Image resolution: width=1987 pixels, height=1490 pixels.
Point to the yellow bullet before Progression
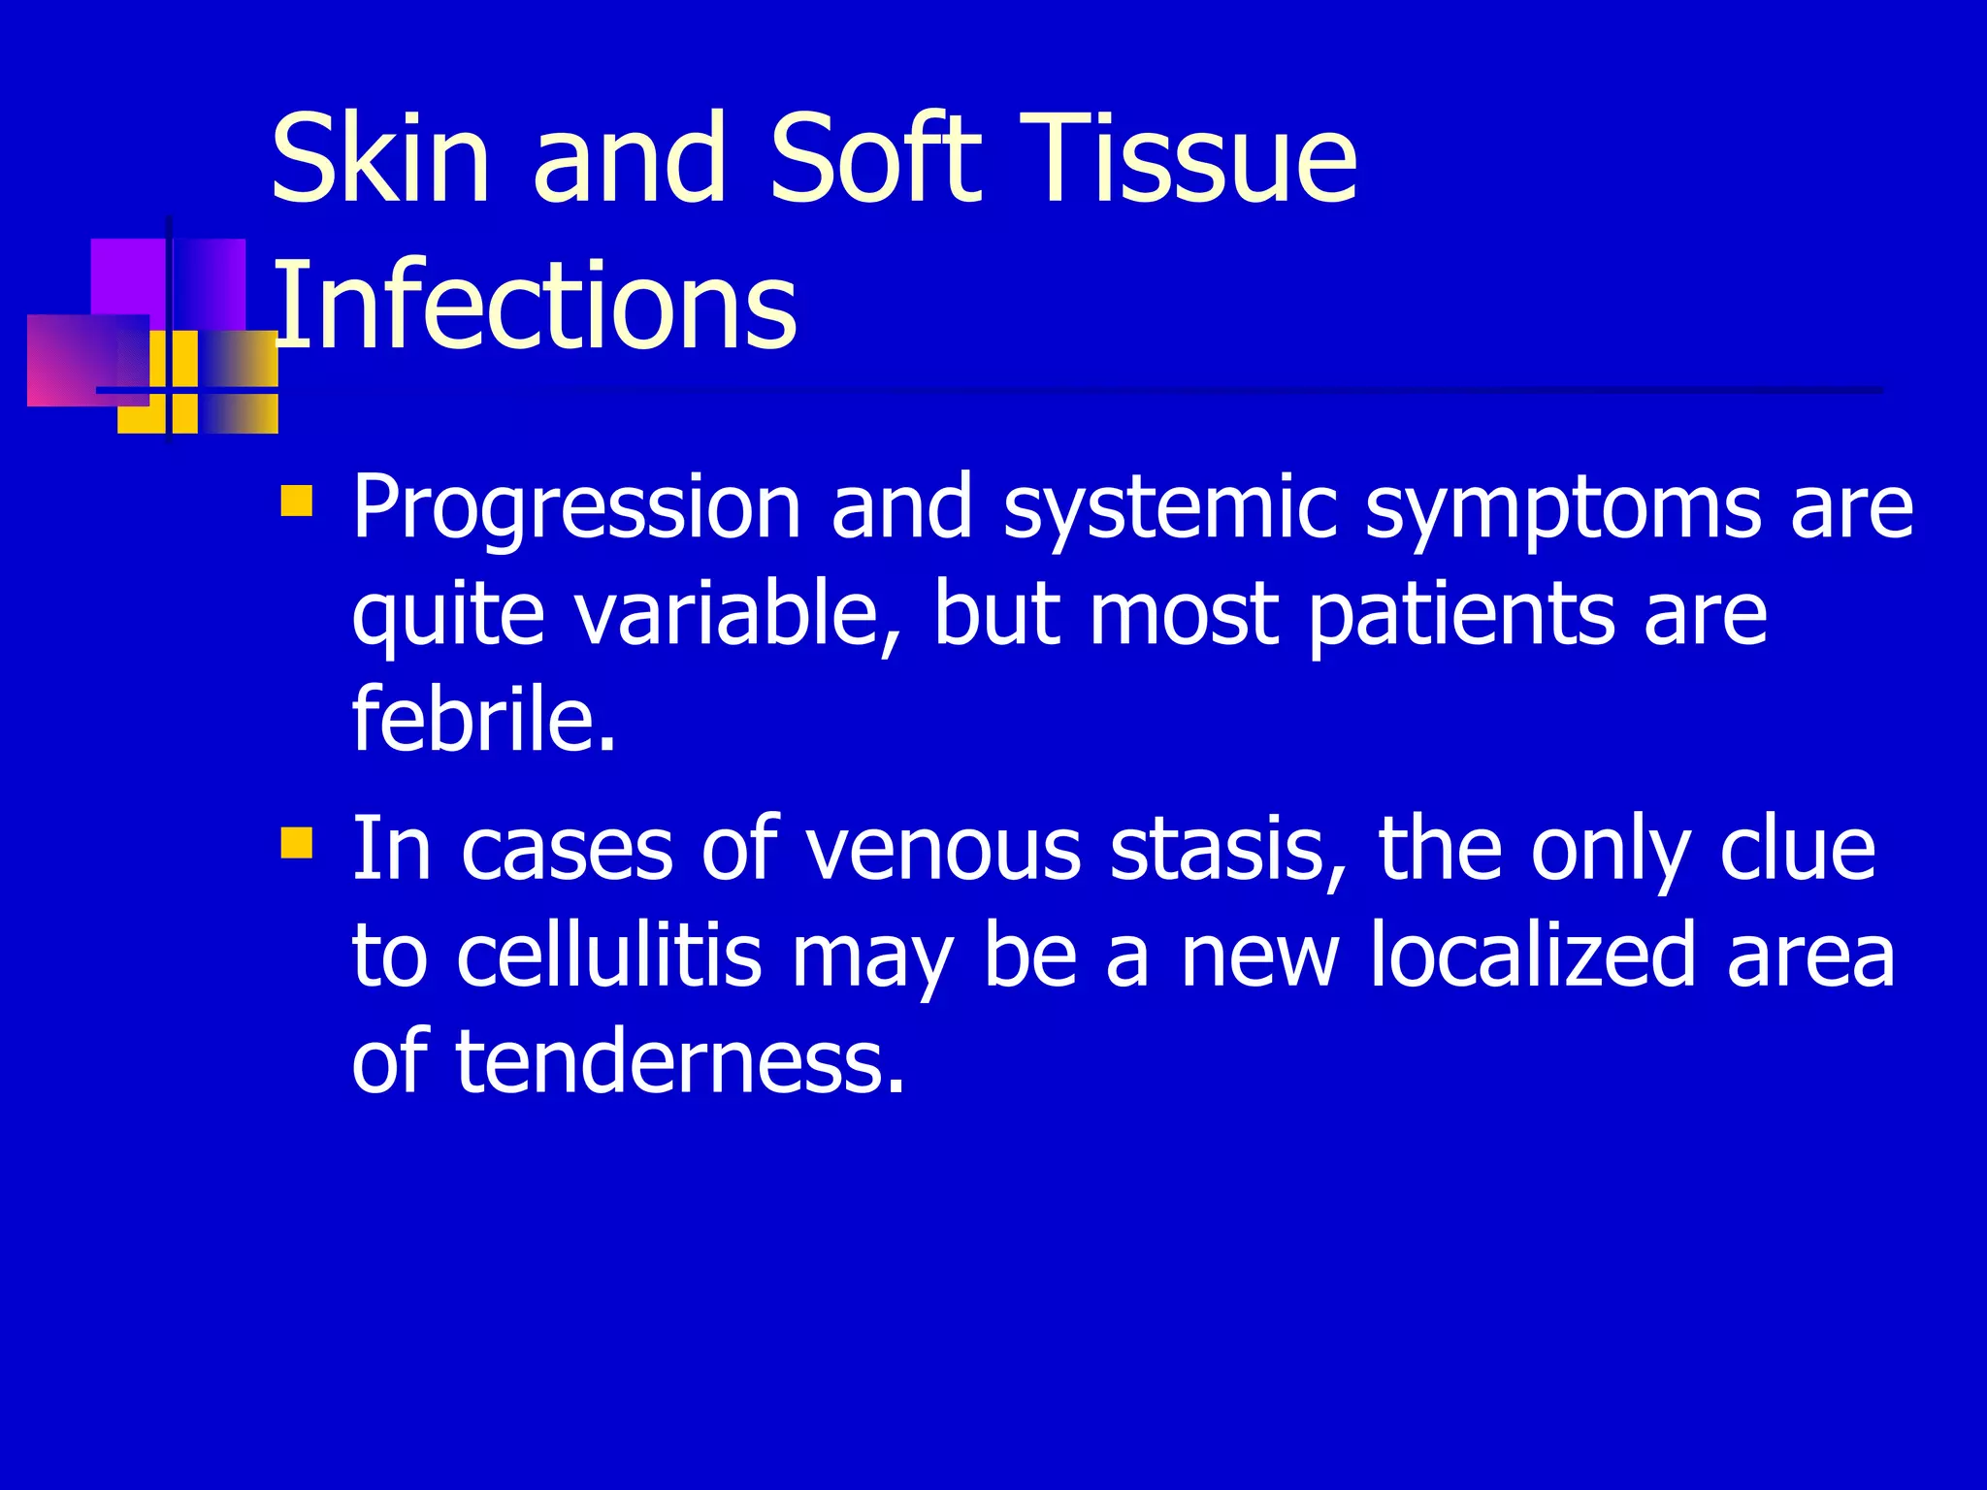(296, 501)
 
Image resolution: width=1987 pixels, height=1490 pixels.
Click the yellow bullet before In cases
(296, 843)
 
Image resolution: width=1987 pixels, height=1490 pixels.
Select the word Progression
(576, 508)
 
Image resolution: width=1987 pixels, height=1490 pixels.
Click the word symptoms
(1562, 508)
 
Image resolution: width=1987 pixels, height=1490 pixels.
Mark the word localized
(1533, 956)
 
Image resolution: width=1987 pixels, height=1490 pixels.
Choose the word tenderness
(679, 1061)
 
